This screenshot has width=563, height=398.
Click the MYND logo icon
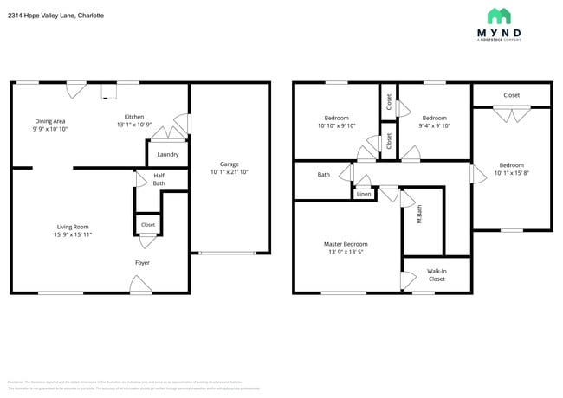[x=499, y=16]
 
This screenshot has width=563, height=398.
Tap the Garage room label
[x=229, y=164]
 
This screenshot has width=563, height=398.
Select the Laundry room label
[x=168, y=155]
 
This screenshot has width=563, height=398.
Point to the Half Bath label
[x=159, y=178]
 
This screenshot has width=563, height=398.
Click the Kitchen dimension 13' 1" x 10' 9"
[x=134, y=125]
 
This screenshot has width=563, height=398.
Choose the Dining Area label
[x=50, y=121]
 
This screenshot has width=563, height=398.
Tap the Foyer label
[x=142, y=262]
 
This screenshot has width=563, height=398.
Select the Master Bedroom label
[x=346, y=244]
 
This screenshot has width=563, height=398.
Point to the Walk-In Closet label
[x=437, y=274]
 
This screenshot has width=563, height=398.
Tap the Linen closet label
[x=365, y=195]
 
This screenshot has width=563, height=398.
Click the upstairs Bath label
[x=323, y=175]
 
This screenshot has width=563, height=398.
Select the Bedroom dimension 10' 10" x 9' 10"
[x=337, y=125]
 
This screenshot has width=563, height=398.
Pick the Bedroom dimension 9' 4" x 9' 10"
[x=434, y=125]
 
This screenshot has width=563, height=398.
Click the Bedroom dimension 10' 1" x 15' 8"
[x=511, y=173]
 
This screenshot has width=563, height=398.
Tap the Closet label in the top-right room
[x=511, y=95]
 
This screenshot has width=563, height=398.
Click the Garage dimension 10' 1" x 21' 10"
[x=229, y=171]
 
